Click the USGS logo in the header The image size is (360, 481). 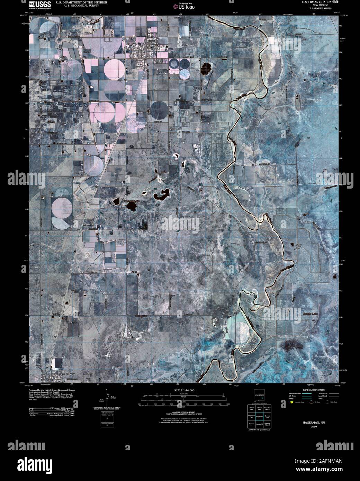coord(41,4)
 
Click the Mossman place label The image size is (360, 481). coord(89,225)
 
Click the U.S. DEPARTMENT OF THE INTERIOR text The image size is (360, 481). coord(82,2)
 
